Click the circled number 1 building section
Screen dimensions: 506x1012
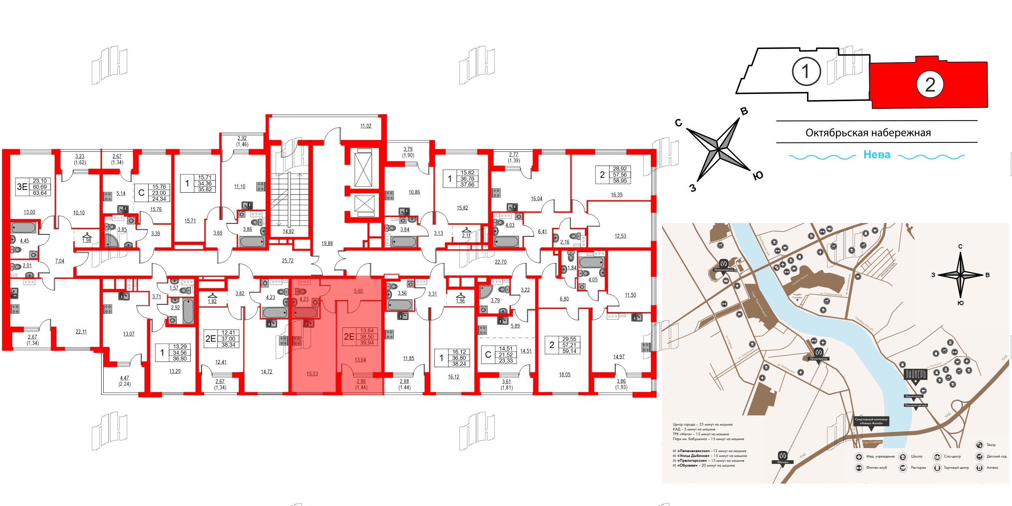pyautogui.click(x=806, y=71)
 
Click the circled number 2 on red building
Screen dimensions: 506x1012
pyautogui.click(x=930, y=85)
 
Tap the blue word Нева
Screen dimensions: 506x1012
pyautogui.click(x=876, y=155)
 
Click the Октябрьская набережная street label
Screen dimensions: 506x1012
pyautogui.click(x=868, y=133)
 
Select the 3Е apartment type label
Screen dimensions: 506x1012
pyautogui.click(x=22, y=187)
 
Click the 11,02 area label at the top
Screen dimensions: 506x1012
pyautogui.click(x=366, y=126)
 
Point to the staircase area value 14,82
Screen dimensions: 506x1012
pyautogui.click(x=288, y=232)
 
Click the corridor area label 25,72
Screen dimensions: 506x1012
pyautogui.click(x=287, y=261)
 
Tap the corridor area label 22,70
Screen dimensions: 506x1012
pyautogui.click(x=500, y=262)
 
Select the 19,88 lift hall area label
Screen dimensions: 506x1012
pyautogui.click(x=327, y=243)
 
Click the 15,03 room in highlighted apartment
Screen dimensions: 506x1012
pyautogui.click(x=312, y=374)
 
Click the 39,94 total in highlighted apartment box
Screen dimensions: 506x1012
pyautogui.click(x=367, y=343)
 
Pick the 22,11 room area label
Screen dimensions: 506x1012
pyautogui.click(x=81, y=332)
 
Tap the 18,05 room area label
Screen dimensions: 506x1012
pyautogui.click(x=564, y=374)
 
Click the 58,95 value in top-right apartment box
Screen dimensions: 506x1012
pyautogui.click(x=619, y=181)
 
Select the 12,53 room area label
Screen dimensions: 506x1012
pyautogui.click(x=620, y=236)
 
